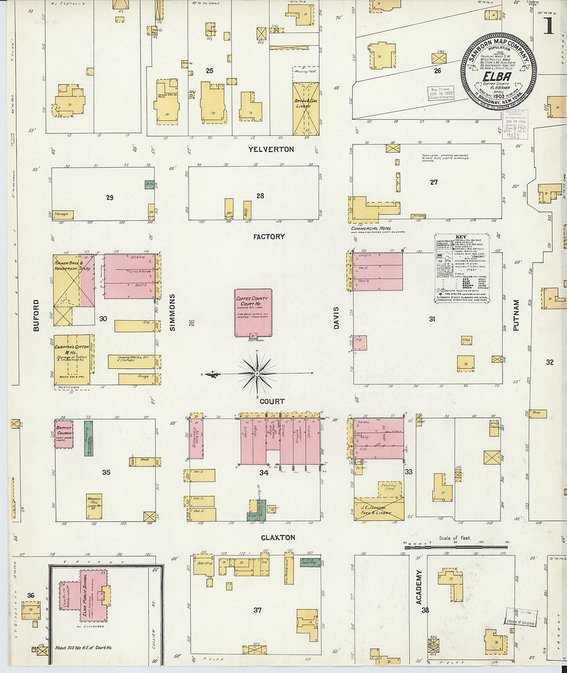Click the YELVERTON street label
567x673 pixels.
coord(271,150)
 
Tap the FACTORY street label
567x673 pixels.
coord(269,237)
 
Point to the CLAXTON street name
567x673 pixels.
coord(278,537)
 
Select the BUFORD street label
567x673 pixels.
coord(36,316)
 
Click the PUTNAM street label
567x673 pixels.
coord(516,315)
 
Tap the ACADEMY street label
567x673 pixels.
coord(419,587)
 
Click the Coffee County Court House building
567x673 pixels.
coord(253,313)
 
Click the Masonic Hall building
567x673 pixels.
coord(94,505)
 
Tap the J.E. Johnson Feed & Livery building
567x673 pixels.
coord(379,508)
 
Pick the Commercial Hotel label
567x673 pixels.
coord(371,228)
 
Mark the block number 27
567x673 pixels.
coord(433,182)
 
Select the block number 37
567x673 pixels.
coord(257,610)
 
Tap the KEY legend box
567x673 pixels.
coord(461,269)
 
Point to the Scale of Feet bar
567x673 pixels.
coord(456,546)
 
